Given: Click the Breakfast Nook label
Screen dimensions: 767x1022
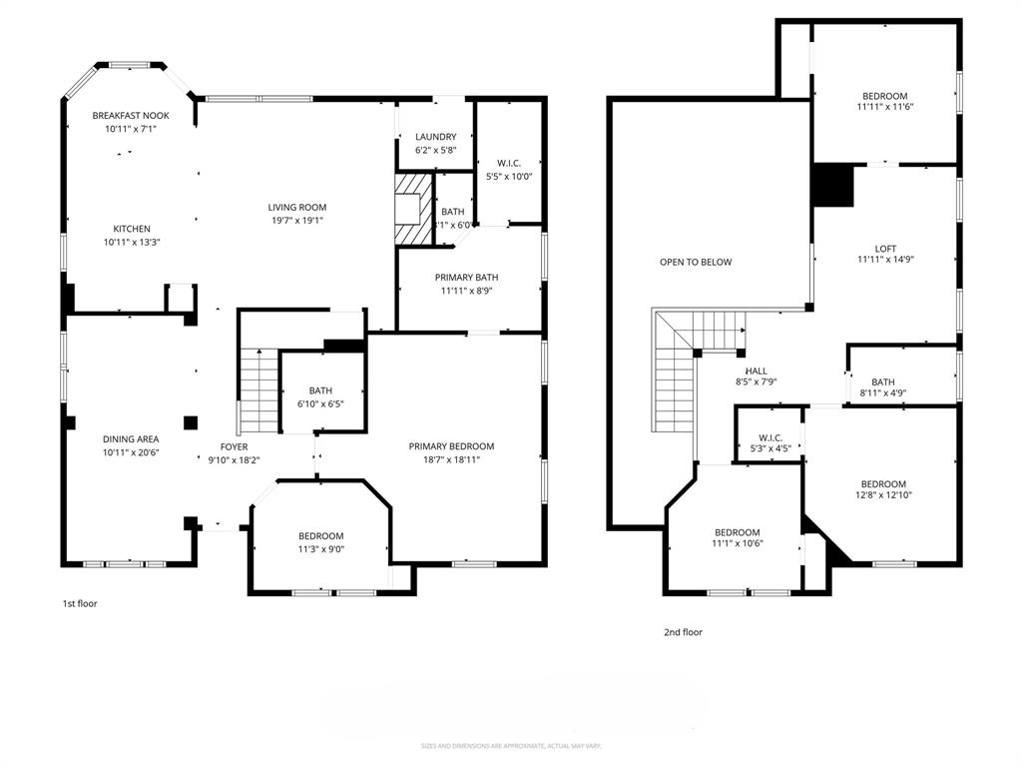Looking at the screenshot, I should tap(131, 115).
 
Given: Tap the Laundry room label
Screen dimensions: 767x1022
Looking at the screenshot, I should tap(436, 137).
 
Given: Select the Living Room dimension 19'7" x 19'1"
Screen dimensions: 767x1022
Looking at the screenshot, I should tap(297, 221).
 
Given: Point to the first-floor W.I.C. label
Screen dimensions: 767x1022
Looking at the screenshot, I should tap(508, 163).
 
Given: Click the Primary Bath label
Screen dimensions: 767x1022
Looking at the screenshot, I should tap(466, 278).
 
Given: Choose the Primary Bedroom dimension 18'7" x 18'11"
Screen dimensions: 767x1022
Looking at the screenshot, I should tap(451, 459).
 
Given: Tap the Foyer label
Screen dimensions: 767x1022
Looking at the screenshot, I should tap(234, 446).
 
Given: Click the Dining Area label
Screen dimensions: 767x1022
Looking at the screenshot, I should tap(131, 438).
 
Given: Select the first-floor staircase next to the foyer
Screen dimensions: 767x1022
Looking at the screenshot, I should tap(258, 389).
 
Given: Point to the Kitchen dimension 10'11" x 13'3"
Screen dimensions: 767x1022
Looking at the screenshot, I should tap(131, 242).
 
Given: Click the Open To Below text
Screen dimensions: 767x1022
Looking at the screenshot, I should tap(696, 262).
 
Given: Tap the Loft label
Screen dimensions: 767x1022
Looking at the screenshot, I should tap(885, 249).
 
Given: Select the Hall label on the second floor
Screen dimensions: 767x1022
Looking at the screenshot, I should tap(756, 371).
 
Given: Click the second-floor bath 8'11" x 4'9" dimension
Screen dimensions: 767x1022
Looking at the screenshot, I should tap(882, 393).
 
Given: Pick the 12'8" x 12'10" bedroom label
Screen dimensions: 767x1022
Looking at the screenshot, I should tap(883, 484).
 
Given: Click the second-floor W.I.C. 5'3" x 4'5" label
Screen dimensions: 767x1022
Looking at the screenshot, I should tap(769, 437).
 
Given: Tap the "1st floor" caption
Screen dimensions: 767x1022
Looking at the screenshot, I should tap(80, 603).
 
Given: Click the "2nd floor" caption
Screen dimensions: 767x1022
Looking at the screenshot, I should tap(683, 632).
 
